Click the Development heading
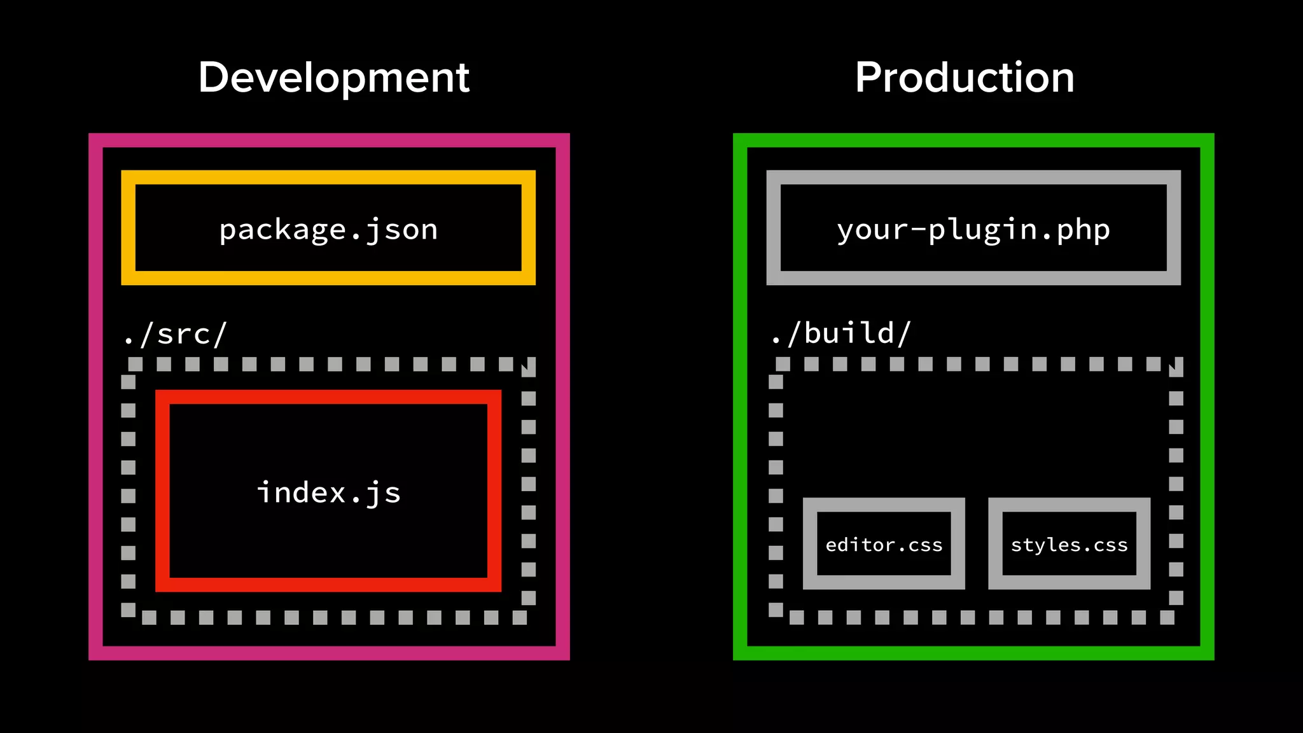click(x=333, y=78)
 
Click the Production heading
click(x=965, y=78)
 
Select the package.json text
click(x=328, y=230)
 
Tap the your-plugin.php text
click(x=973, y=230)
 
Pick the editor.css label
click(x=884, y=545)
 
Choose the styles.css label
click(x=1069, y=545)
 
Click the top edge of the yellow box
click(x=328, y=177)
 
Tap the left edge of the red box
click(x=162, y=491)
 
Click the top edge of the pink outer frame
click(x=329, y=140)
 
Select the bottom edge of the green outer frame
click(x=973, y=653)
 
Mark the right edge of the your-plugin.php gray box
click(x=1174, y=227)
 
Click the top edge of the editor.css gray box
click(x=884, y=505)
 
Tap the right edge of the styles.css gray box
click(x=1143, y=543)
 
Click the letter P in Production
click(x=869, y=78)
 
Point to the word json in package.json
click(x=401, y=230)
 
